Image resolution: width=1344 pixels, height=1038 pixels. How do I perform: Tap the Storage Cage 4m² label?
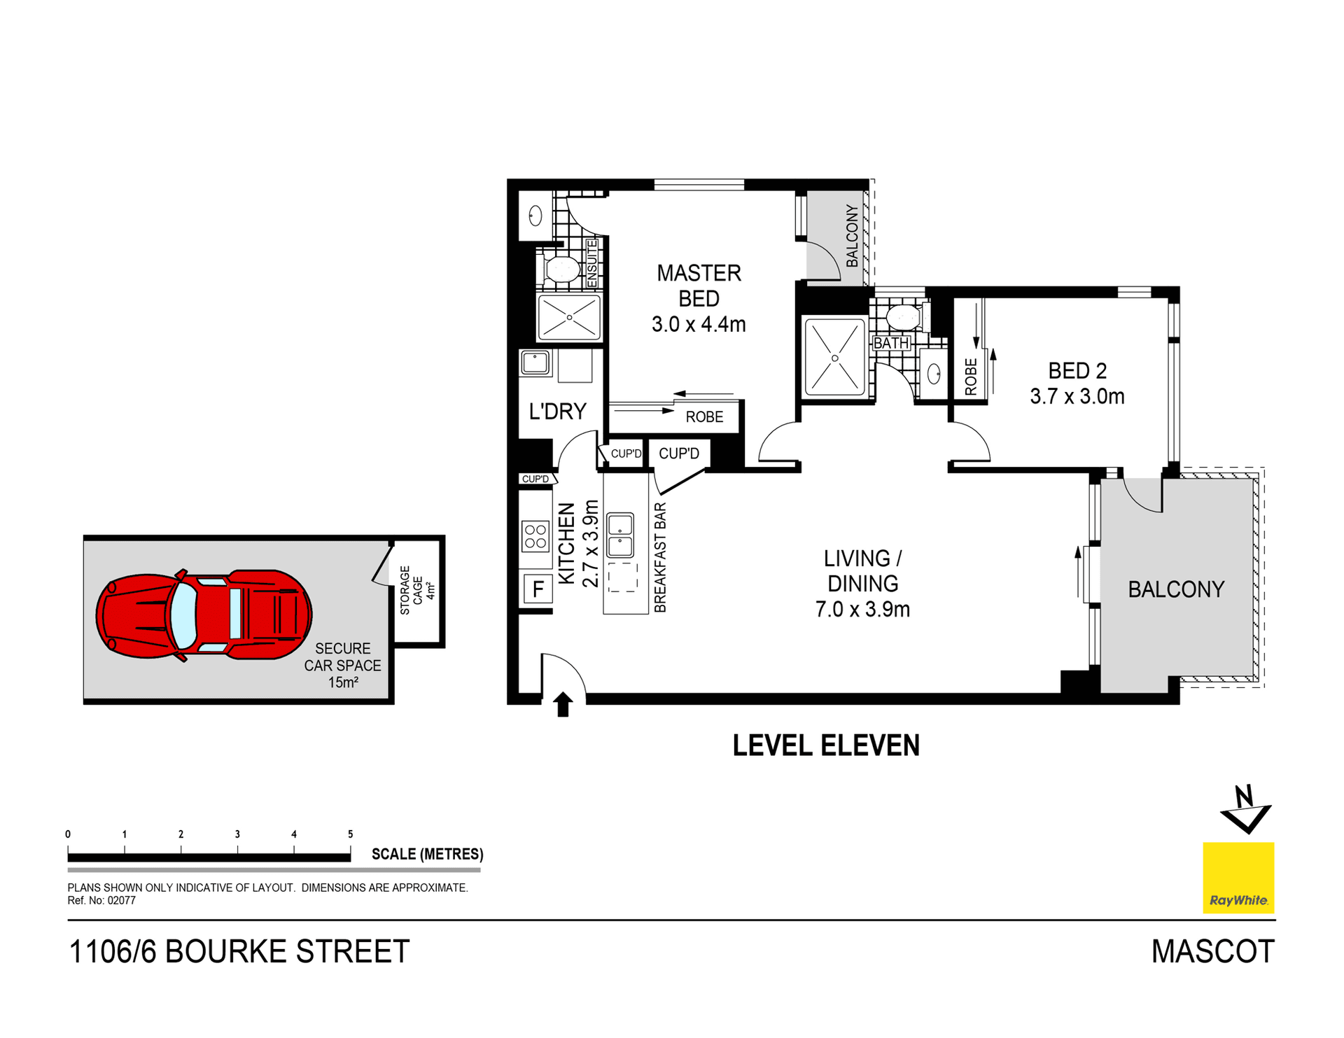click(x=417, y=590)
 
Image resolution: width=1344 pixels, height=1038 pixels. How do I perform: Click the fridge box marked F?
click(x=538, y=589)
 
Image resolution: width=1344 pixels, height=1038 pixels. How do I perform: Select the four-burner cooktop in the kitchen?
click(x=535, y=536)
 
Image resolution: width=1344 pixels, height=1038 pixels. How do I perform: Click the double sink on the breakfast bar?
click(x=620, y=535)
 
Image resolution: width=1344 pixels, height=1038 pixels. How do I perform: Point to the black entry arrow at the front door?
click(x=563, y=703)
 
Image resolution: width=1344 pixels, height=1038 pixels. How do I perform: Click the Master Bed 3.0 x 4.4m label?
click(x=699, y=298)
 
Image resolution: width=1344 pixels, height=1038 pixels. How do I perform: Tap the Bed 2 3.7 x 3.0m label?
click(x=1077, y=384)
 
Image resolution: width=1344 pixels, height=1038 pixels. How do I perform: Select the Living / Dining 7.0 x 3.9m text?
click(x=862, y=584)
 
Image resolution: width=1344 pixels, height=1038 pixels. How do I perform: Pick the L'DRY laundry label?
click(x=557, y=412)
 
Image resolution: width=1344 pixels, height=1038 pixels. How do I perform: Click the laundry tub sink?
click(x=535, y=363)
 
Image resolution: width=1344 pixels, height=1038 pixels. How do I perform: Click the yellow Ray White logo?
click(x=1238, y=878)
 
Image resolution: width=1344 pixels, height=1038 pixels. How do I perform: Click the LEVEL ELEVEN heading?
click(x=826, y=745)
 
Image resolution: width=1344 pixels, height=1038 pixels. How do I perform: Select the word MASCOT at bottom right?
click(x=1212, y=952)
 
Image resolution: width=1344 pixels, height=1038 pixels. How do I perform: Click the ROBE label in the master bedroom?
click(x=704, y=417)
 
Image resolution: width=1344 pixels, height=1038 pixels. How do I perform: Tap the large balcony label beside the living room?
click(x=1176, y=589)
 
